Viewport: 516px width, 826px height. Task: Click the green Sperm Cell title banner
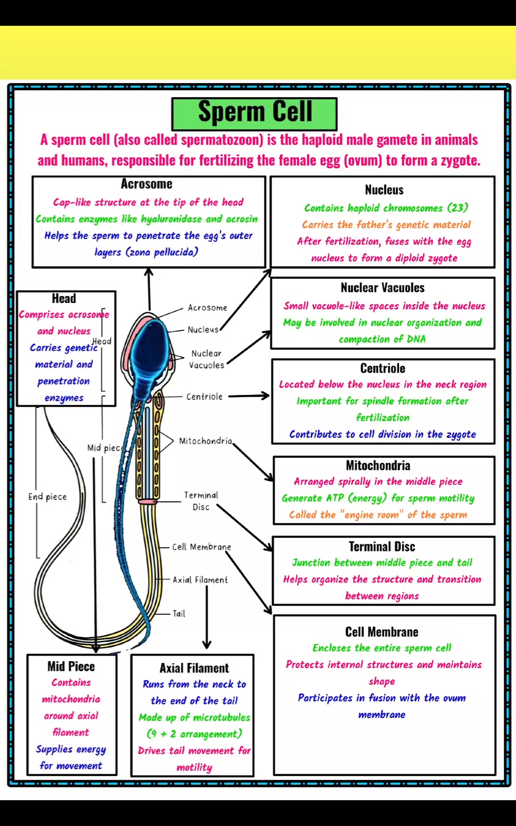(x=254, y=114)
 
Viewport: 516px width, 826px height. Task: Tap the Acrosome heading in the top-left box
(x=147, y=184)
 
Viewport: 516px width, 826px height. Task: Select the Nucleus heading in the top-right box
(x=384, y=190)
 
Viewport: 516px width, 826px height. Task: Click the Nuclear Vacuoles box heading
(x=382, y=288)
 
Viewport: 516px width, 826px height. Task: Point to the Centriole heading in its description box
(x=382, y=368)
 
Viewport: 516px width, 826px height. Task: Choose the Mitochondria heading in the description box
(x=378, y=465)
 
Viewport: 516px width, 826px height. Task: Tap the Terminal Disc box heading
(x=382, y=546)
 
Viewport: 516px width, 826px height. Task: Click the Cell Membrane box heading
(x=382, y=632)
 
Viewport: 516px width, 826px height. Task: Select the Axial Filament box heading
(x=194, y=668)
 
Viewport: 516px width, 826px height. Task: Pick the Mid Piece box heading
(x=71, y=666)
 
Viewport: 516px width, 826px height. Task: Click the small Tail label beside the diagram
(x=179, y=614)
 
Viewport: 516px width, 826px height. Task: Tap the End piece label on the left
(x=47, y=497)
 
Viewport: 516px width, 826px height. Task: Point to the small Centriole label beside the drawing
(x=204, y=397)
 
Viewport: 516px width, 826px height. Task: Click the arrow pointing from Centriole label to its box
(x=249, y=396)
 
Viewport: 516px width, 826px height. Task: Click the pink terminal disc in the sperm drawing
(x=148, y=501)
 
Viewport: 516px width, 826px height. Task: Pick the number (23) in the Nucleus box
(x=458, y=208)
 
